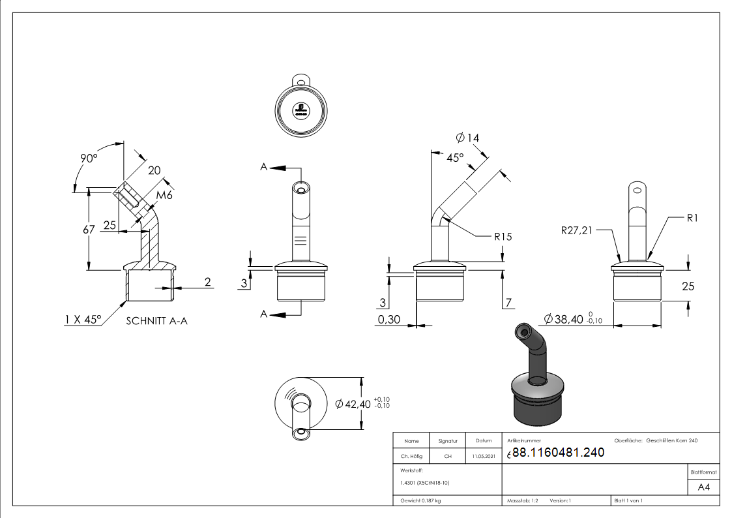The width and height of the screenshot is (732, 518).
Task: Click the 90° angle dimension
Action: click(88, 159)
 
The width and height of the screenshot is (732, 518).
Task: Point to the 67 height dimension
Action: click(89, 230)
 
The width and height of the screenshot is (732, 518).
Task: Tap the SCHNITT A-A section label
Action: click(156, 321)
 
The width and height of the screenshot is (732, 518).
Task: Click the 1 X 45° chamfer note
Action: click(83, 320)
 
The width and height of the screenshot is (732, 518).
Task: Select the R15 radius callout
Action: click(503, 237)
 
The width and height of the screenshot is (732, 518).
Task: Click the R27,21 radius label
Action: click(577, 230)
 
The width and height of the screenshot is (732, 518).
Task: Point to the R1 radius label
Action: click(692, 218)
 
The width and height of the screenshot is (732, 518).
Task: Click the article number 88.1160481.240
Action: click(559, 453)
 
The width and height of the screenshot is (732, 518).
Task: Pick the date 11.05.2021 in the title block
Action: click(483, 457)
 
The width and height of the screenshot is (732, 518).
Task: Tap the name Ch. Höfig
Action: click(411, 457)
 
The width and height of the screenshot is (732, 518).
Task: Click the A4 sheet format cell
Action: click(703, 487)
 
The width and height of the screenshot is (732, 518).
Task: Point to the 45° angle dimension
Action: click(455, 157)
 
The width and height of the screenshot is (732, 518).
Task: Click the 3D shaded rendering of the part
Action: click(538, 376)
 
